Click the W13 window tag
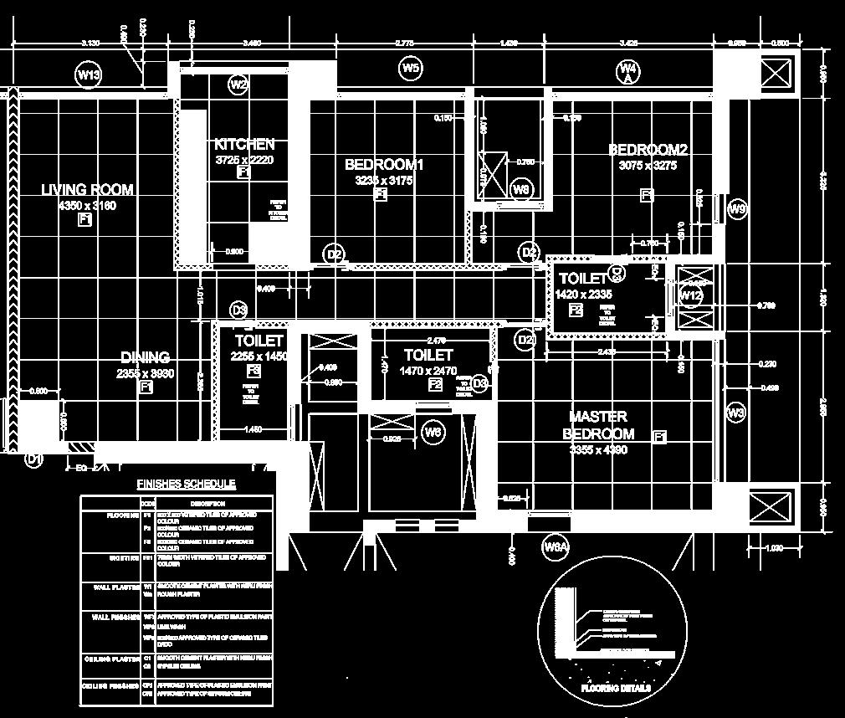[89, 75]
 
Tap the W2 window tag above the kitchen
[239, 84]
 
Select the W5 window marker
[410, 69]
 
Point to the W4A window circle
[628, 72]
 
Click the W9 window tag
[737, 209]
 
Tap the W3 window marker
[735, 413]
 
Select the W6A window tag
[556, 547]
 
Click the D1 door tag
[33, 459]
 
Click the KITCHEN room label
[243, 145]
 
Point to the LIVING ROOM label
[87, 190]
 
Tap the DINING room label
[145, 357]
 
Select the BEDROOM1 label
[384, 165]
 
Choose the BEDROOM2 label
[648, 150]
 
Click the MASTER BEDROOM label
[598, 425]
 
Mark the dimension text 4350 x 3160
[87, 205]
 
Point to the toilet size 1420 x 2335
[583, 295]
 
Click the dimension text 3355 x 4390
[598, 450]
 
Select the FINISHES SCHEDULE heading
[186, 484]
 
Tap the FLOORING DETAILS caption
[615, 689]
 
